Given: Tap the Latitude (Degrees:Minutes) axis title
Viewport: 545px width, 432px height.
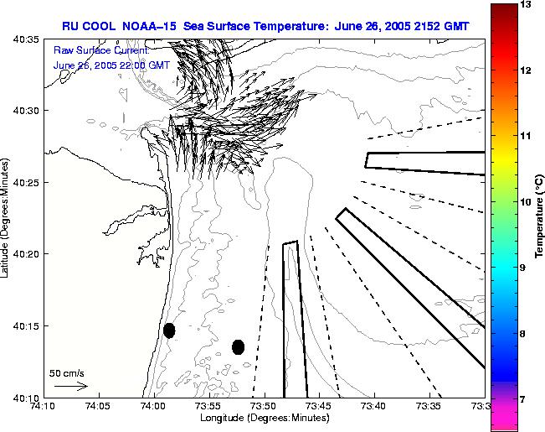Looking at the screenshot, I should (7, 217).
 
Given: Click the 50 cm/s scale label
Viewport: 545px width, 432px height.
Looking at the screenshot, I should (67, 372).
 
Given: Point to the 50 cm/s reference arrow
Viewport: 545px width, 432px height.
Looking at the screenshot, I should (70, 387).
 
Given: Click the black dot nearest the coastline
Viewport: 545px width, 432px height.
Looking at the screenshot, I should (169, 331).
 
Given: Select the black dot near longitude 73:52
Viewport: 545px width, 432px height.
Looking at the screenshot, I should (239, 346).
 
